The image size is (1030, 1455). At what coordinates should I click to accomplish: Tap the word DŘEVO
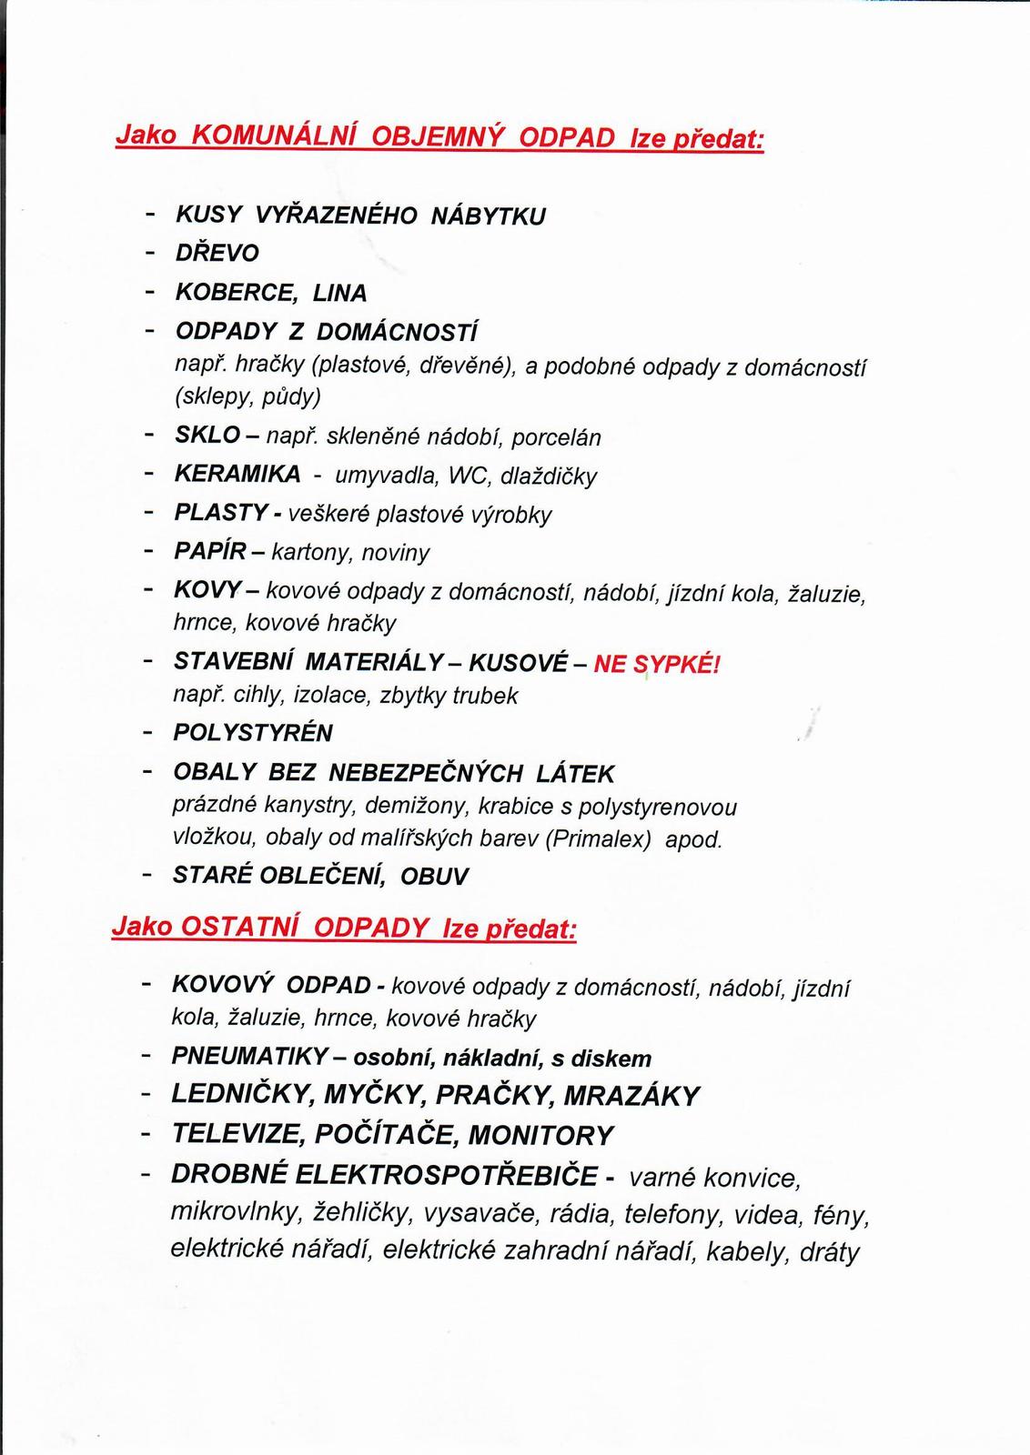[x=217, y=254]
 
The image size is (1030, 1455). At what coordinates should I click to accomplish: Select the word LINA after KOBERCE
[x=339, y=294]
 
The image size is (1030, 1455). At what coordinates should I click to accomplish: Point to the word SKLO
[x=207, y=436]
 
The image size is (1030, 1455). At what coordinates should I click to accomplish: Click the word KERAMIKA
[x=237, y=475]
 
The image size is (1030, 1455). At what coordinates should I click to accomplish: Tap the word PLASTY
[x=220, y=513]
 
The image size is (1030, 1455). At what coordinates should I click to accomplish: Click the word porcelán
[x=556, y=437]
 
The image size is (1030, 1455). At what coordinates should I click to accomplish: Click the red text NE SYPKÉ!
[x=656, y=664]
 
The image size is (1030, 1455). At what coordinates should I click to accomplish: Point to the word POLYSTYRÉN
[x=253, y=733]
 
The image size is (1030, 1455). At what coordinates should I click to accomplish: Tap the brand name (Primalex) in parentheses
[x=599, y=838]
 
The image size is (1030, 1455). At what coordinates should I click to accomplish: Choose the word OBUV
[x=434, y=877]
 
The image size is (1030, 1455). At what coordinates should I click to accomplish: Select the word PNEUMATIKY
[x=249, y=1057]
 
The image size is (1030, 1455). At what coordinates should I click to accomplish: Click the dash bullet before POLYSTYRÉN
[x=146, y=732]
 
